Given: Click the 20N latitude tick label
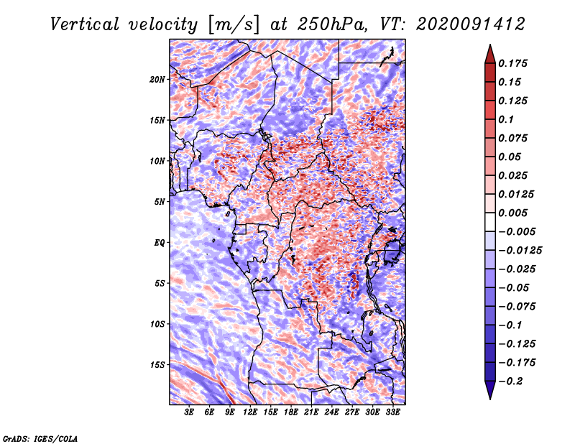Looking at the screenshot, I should point(157,79).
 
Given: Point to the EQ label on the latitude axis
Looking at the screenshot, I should point(159,243).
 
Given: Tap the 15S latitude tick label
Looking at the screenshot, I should point(157,365).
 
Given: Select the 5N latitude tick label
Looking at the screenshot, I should point(159,202).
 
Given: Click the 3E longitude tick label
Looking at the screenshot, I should point(190,412).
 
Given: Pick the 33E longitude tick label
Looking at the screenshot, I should point(393,412).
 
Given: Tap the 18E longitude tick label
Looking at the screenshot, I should point(291,412).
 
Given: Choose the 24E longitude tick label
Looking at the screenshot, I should point(332,412).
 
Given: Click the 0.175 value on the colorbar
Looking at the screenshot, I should point(514,63).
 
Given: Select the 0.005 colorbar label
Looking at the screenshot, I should point(514,213).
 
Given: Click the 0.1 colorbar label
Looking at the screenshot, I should point(507,119).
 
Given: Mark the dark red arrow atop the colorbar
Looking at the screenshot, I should point(489,53).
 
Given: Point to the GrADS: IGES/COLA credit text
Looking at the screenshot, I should point(40,438).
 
